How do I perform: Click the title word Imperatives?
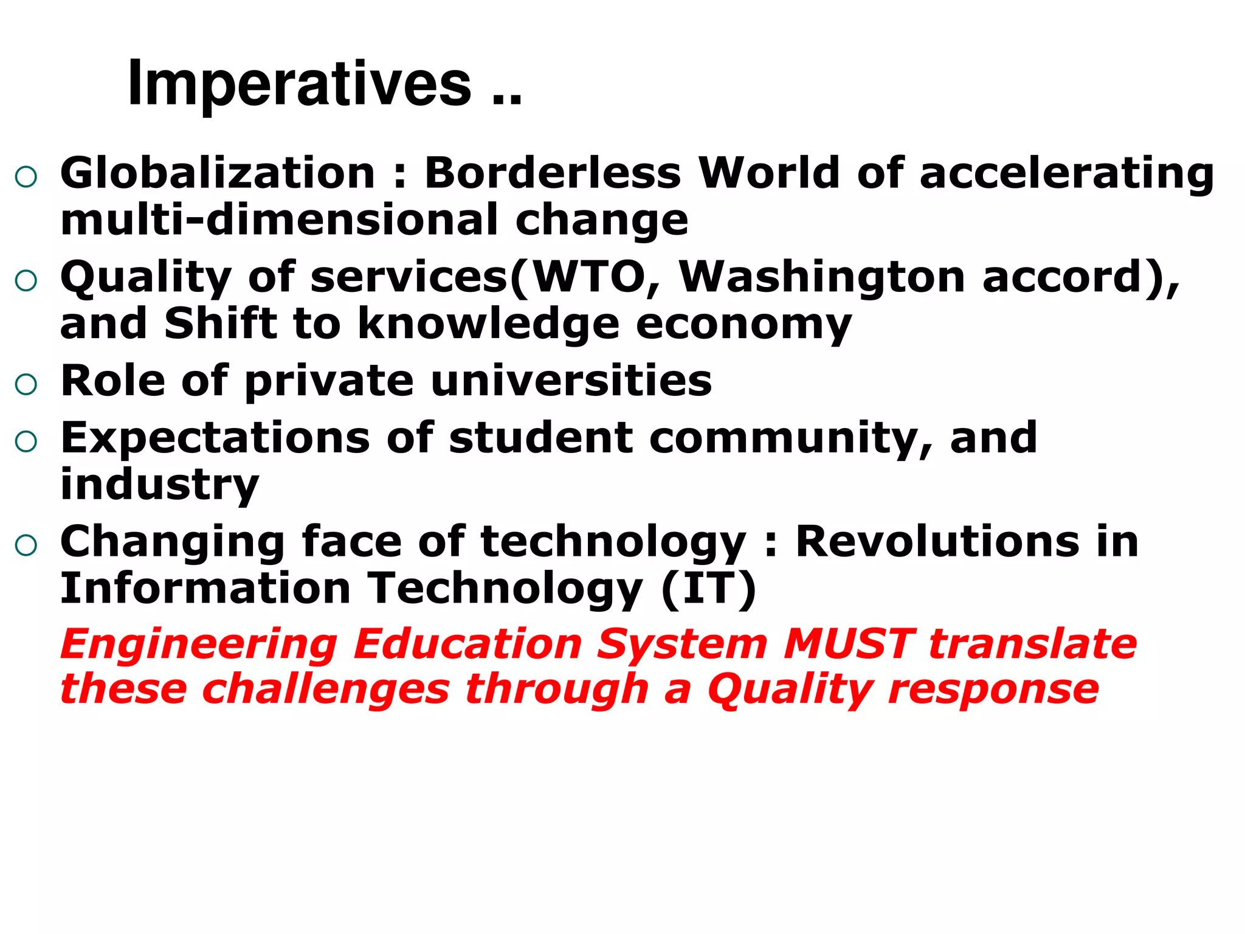299,85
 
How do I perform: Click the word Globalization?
218,173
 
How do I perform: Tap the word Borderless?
553,173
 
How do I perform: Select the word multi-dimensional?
280,220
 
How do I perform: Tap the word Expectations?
215,438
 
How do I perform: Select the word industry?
160,485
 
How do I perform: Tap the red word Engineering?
199,645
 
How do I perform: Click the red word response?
993,690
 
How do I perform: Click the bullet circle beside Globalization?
26,177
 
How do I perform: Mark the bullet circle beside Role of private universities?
26,385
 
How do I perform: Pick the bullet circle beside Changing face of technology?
26,545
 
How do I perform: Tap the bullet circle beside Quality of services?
26,281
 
